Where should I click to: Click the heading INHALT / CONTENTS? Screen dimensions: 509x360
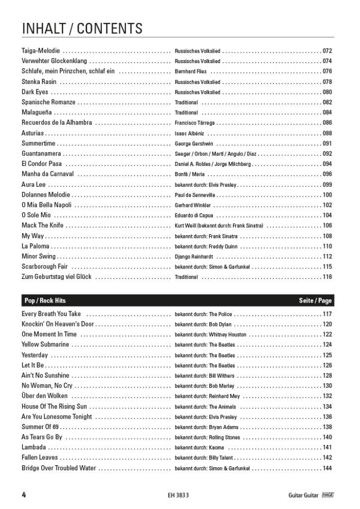(82, 28)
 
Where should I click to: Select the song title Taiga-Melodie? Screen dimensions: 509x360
(41, 51)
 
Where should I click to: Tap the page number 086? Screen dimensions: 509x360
(327, 123)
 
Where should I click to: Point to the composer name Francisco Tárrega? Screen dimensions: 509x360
(195, 123)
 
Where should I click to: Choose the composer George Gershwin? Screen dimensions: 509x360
(194, 144)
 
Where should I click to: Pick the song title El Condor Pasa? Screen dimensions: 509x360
(42, 164)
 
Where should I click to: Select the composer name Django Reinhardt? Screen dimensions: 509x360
(194, 256)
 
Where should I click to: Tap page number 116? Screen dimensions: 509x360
(327, 277)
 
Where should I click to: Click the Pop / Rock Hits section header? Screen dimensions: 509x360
(45, 301)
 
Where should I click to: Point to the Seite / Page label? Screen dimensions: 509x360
(315, 301)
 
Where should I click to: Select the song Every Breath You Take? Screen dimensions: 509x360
(51, 314)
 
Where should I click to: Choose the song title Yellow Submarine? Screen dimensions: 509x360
(45, 345)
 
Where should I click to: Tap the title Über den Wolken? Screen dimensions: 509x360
(45, 396)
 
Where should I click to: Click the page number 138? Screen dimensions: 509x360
(327, 427)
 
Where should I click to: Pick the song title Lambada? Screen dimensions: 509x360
(34, 447)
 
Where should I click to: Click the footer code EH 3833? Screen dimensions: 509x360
(179, 495)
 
